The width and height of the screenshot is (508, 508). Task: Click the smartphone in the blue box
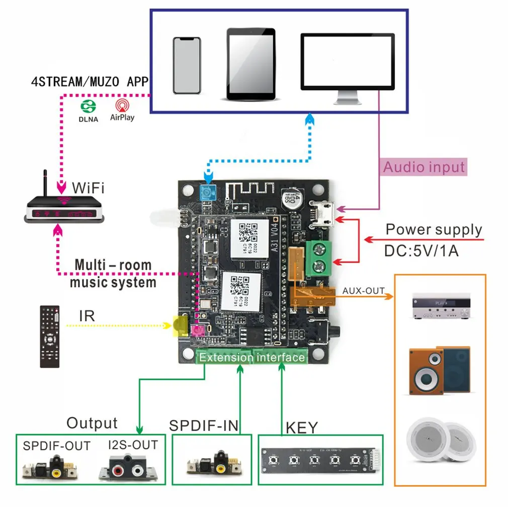(187, 65)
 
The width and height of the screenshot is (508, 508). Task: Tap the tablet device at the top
(251, 64)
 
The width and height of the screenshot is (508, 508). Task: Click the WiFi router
(64, 207)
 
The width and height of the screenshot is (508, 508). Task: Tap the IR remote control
(50, 336)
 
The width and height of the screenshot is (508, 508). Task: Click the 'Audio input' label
(424, 166)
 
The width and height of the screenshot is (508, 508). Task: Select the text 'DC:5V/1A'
(421, 250)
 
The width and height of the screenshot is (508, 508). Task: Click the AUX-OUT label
(363, 291)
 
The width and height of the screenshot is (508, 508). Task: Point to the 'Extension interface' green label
(251, 358)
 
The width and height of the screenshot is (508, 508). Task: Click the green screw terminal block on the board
(319, 257)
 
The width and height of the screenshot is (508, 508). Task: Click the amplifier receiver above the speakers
(441, 305)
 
